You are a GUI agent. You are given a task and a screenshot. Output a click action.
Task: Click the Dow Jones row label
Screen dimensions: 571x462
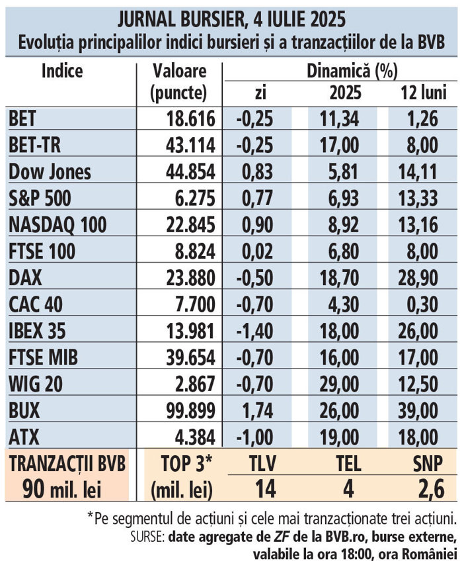click(x=50, y=172)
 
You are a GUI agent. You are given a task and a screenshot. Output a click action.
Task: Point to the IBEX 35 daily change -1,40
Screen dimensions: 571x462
click(x=254, y=331)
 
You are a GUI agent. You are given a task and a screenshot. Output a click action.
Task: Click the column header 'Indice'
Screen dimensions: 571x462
click(x=62, y=71)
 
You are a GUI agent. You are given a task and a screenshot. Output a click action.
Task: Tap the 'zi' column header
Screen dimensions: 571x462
click(x=255, y=93)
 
